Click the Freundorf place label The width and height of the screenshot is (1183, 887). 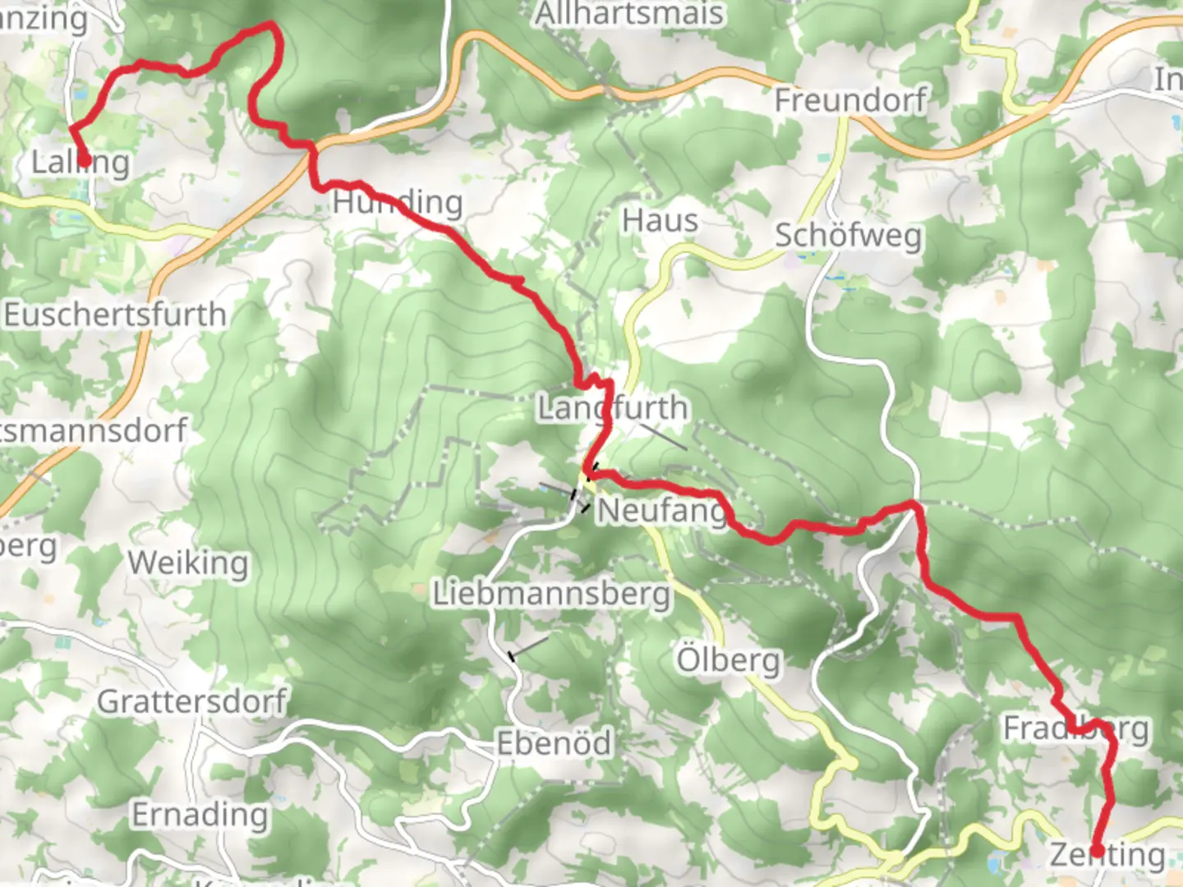849,100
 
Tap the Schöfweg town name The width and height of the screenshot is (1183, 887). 849,236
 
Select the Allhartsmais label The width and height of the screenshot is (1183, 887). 630,14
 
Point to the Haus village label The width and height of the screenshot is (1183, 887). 660,220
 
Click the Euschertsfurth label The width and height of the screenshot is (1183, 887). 115,315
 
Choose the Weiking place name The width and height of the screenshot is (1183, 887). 188,563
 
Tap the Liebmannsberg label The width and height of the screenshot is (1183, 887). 551,593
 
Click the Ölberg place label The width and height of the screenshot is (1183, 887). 728,660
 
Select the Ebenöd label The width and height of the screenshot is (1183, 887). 555,743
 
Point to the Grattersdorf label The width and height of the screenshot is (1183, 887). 192,702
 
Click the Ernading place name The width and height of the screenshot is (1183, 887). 200,815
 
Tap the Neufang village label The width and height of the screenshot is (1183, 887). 662,511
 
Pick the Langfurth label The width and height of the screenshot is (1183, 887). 612,407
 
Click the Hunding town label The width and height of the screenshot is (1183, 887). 398,202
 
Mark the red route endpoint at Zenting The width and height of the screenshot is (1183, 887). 1096,850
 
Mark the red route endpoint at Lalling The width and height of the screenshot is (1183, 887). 83,160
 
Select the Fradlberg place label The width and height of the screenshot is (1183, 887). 1075,728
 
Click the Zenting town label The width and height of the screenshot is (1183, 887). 1107,855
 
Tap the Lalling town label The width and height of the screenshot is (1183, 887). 81,163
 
